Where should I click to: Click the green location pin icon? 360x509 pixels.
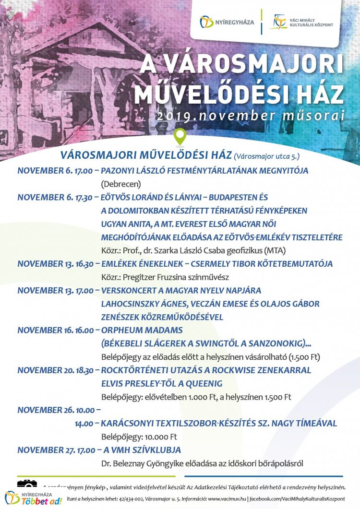180,137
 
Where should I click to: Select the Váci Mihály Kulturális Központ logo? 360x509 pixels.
301,22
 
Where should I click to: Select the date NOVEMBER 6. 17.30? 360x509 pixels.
55,197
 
